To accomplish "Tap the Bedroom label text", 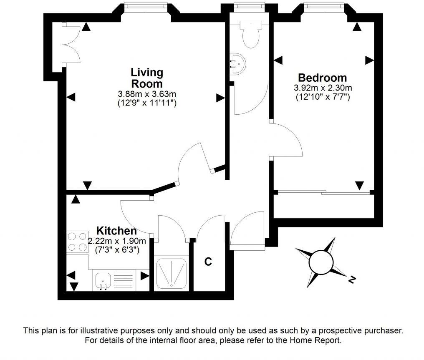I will [x=322, y=78].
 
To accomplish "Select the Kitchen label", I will [x=116, y=231].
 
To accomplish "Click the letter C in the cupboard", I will [x=208, y=262].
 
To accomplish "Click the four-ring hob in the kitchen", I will [x=77, y=242].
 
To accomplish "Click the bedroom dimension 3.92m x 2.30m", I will [x=323, y=88].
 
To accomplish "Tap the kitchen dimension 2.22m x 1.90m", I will [x=117, y=241].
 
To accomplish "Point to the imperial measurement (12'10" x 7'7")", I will [x=323, y=97].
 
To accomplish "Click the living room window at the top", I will [x=146, y=6].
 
